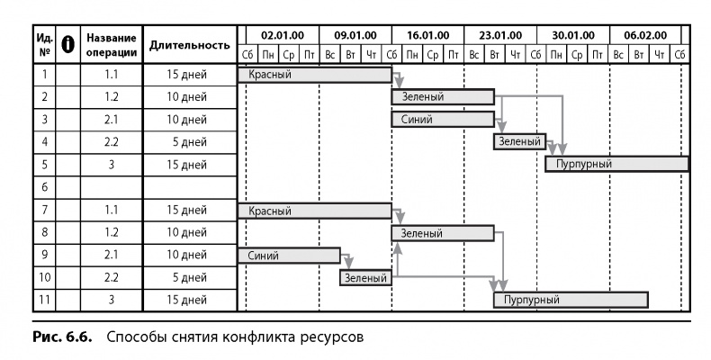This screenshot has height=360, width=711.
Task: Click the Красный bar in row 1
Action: click(x=314, y=75)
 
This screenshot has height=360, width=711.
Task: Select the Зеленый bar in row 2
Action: click(x=443, y=97)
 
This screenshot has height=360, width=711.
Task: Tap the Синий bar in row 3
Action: click(x=443, y=120)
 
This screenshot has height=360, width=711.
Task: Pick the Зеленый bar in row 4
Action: click(x=519, y=142)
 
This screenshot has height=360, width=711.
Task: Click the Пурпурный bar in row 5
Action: click(x=616, y=165)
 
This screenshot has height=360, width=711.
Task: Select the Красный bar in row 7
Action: click(x=314, y=211)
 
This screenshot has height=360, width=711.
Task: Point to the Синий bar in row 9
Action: click(x=288, y=256)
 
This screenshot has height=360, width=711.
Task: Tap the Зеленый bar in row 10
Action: click(x=365, y=278)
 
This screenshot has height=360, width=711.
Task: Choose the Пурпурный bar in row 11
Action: click(x=571, y=300)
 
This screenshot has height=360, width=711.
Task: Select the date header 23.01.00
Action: click(x=499, y=35)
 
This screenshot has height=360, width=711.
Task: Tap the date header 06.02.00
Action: click(x=645, y=35)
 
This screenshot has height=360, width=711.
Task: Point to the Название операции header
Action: click(x=112, y=45)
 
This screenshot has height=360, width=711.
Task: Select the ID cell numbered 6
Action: click(x=44, y=187)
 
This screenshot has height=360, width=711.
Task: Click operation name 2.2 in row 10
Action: click(x=112, y=278)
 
